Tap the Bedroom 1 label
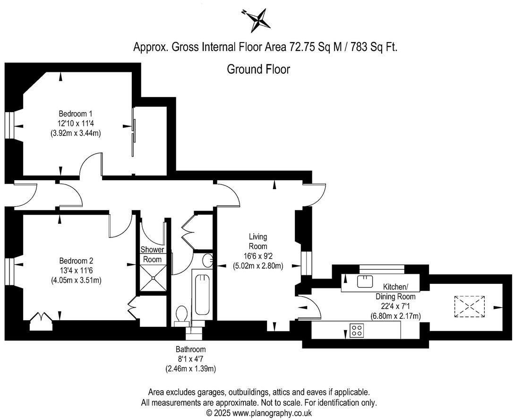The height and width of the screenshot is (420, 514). coord(75,114)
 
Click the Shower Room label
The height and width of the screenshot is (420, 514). coord(152,254)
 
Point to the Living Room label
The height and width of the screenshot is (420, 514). coord(258,241)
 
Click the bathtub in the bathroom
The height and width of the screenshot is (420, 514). coord(203,295)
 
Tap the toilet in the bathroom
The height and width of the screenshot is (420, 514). coord(181,315)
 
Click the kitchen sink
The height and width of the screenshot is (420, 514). coord(365,281)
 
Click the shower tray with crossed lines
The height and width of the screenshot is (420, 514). coord(153,279)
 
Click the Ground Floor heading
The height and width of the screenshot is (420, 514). coord(258,69)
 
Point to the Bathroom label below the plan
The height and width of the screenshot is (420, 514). coord(191,350)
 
